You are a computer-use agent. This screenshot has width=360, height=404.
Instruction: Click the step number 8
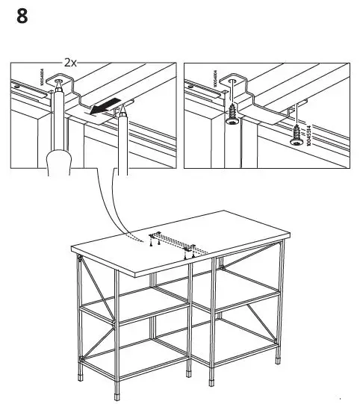point(22,16)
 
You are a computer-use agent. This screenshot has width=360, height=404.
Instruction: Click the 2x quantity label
point(71,63)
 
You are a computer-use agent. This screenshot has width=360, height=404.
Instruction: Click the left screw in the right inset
point(233,112)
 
